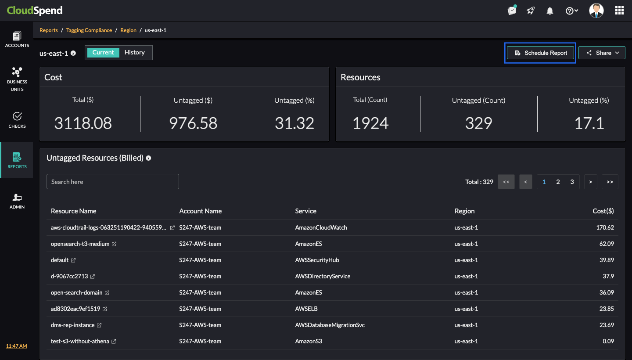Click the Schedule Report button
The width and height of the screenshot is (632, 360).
[x=540, y=53]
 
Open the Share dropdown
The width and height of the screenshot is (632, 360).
[x=602, y=53]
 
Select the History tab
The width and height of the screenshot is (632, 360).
[x=134, y=53]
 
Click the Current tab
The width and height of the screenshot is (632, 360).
[x=103, y=53]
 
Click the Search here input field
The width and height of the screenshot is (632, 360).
[x=113, y=182]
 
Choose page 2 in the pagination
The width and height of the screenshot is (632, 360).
[x=558, y=182]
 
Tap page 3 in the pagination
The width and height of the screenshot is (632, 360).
[x=572, y=182]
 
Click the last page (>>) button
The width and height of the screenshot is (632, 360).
[x=610, y=182]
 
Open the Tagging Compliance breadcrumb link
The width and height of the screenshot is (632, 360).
[x=89, y=30]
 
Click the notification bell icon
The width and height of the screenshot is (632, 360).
[x=550, y=11]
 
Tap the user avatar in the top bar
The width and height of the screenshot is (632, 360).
[x=596, y=11]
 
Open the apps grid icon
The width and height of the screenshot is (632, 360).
[x=619, y=11]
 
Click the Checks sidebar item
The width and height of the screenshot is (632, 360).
[x=17, y=120]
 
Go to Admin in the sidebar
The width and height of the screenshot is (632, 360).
[x=17, y=201]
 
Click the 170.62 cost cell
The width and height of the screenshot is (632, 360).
[x=606, y=228]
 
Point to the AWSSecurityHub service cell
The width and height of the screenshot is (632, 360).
[x=317, y=260]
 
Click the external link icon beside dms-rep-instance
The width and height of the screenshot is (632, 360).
[x=99, y=325]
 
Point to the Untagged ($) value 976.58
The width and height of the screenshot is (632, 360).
[x=193, y=123]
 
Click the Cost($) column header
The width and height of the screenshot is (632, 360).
[x=603, y=211]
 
